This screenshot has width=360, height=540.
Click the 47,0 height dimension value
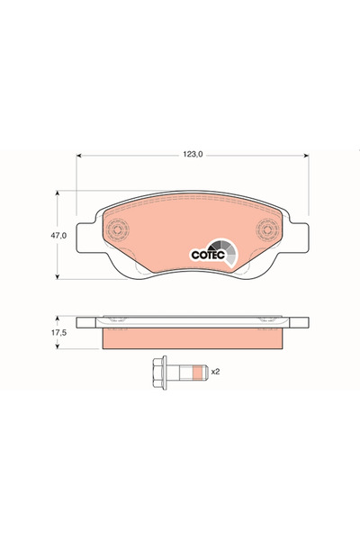[58, 235]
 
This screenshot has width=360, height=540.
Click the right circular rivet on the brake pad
[266, 230]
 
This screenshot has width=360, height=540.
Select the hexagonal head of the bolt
[157, 370]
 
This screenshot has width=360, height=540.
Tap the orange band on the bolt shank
[193, 370]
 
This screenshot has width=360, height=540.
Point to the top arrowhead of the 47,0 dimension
[58, 193]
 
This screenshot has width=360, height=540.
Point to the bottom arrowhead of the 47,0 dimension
[58, 277]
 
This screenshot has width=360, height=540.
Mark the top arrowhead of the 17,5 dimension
[58, 317]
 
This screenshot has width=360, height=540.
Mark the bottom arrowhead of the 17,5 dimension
[58, 347]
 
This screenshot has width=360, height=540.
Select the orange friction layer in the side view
[193, 339]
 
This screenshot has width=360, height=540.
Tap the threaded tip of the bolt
[203, 370]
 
